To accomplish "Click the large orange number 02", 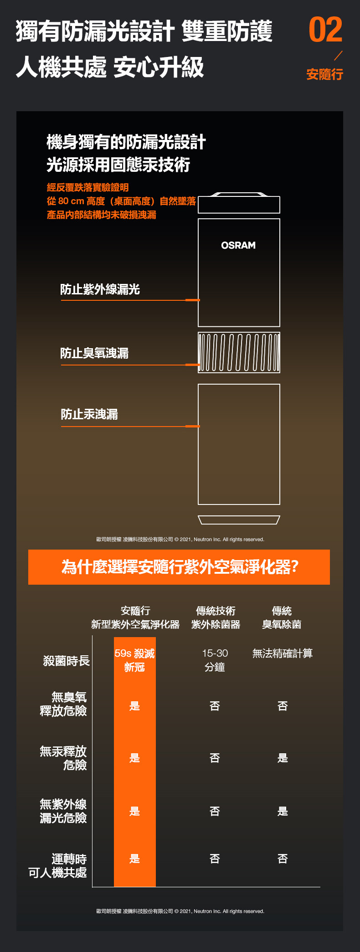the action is (325, 30).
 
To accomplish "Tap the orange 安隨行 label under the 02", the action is (324, 74).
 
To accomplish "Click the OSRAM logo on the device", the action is (238, 245).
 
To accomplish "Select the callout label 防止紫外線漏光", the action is (100, 289).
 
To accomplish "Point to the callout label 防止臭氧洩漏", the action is (94, 353).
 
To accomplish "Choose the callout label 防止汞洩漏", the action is (89, 414).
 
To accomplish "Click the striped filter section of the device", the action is (239, 352).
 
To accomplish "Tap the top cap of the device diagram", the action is (239, 203).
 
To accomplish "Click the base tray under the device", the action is (239, 520).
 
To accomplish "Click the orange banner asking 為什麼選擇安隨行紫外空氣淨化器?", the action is (179, 567).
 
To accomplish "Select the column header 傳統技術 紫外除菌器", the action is (216, 618).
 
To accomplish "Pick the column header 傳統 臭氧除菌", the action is (282, 618).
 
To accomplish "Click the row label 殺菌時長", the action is (67, 661).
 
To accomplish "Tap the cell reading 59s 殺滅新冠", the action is (134, 660).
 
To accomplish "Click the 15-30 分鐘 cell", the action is (215, 660).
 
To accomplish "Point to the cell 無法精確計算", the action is (283, 654).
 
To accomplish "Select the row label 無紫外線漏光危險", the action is (63, 811).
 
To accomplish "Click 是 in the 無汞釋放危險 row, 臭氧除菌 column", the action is (283, 758).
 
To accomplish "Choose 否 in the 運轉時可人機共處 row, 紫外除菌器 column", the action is (215, 859).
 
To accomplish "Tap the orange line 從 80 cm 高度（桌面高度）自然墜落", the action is (121, 201).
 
